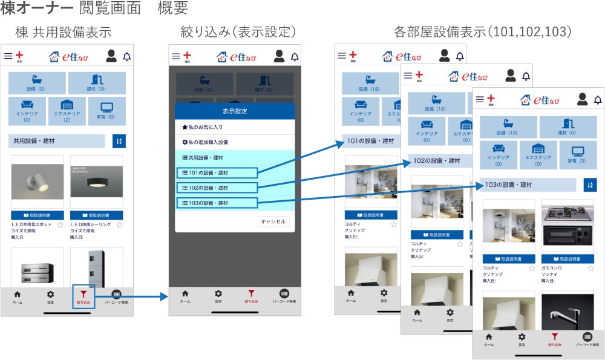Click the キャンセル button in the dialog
273,221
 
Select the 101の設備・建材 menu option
217,173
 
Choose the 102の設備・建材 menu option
217,188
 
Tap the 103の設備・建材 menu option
217,202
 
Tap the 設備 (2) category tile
36,83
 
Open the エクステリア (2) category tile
67,110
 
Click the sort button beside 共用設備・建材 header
119,141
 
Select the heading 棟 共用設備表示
64,31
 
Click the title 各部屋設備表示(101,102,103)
482,31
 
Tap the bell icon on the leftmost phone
126,56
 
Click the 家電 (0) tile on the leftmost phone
106,110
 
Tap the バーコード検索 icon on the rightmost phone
587,339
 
